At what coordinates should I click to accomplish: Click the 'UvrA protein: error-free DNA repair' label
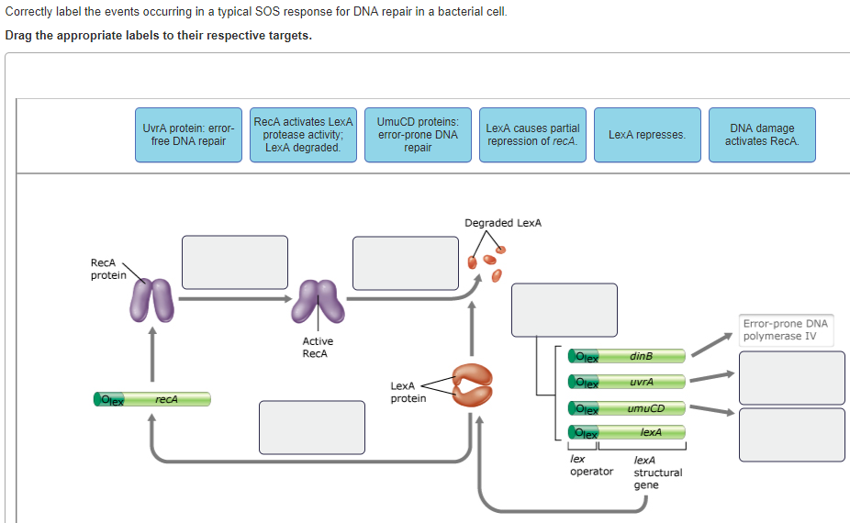188,135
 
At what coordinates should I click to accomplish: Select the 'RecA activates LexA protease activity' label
303,135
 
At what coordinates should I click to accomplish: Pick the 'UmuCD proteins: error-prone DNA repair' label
418,135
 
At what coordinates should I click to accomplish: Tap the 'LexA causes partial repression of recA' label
532,135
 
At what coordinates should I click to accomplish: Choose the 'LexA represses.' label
647,135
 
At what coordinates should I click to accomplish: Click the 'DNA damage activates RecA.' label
762,135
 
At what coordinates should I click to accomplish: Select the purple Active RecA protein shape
318,302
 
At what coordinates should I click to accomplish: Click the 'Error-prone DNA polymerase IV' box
785,329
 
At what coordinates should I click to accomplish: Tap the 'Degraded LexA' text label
503,223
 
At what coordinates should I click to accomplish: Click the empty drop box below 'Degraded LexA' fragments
564,310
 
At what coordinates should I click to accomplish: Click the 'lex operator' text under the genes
591,465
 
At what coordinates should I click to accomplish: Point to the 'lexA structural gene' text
657,472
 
